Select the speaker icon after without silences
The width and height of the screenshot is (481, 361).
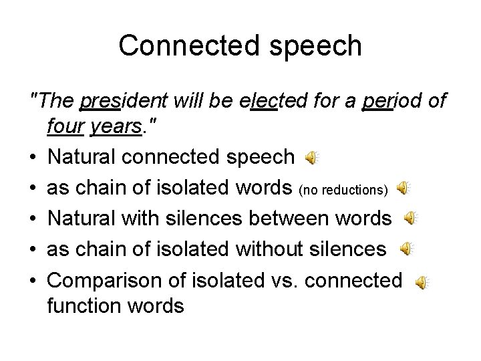click(406, 249)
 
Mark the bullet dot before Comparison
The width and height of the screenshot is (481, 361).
click(33, 280)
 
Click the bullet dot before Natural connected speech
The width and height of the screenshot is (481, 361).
click(33, 158)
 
